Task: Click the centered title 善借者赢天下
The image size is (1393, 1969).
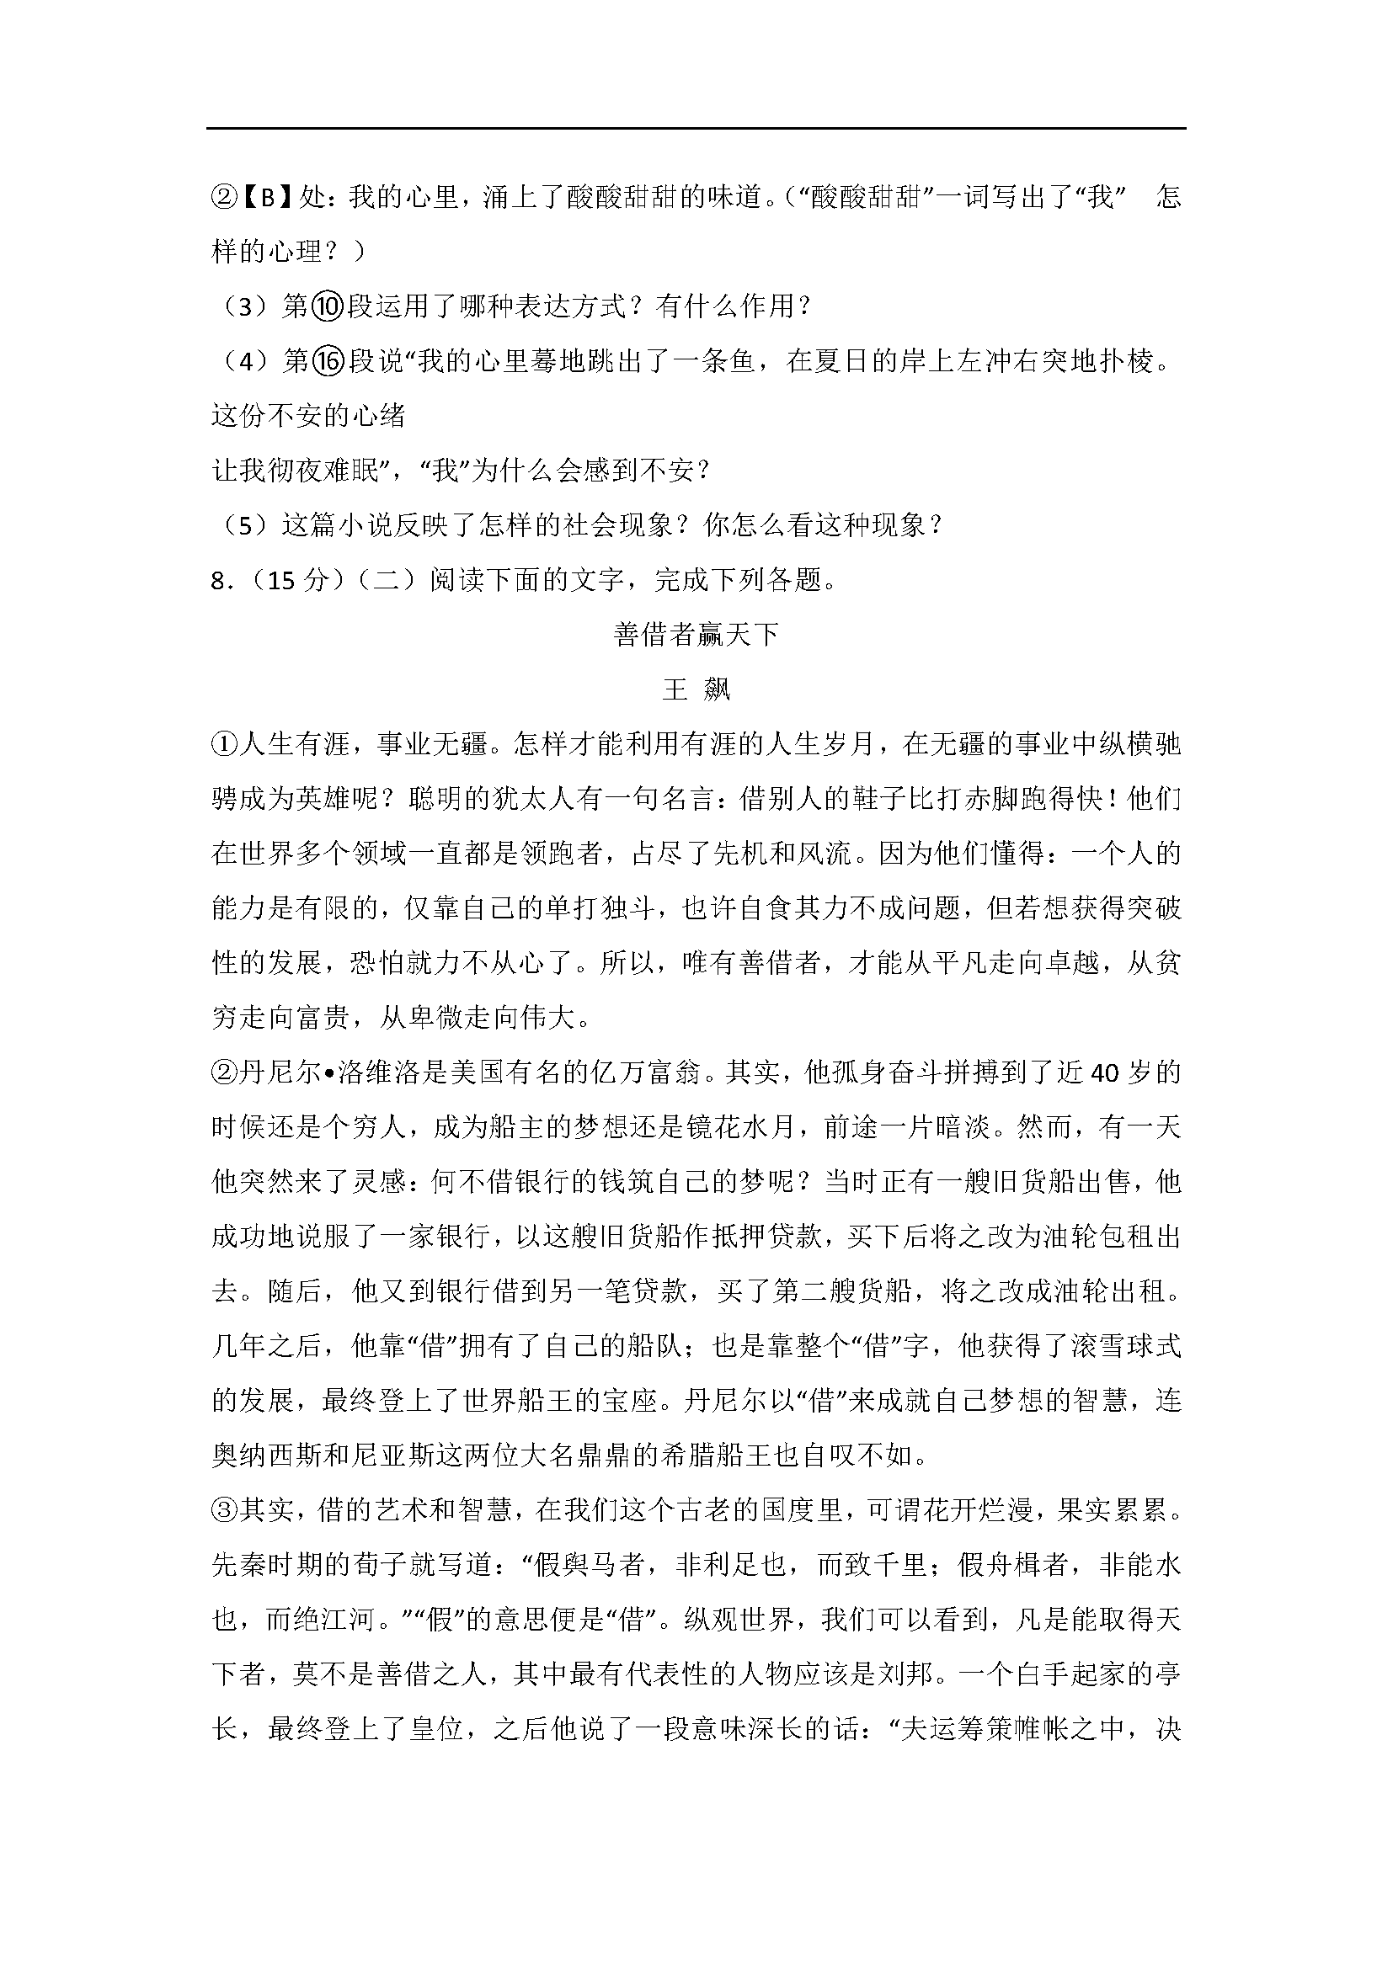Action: coord(696,635)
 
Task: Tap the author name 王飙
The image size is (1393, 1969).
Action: coord(696,689)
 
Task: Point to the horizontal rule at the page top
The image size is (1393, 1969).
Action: coord(696,129)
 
